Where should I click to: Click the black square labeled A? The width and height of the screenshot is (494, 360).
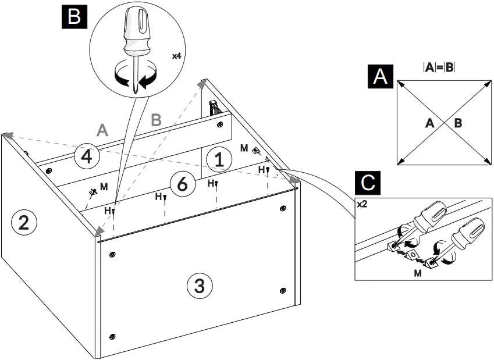click(x=380, y=76)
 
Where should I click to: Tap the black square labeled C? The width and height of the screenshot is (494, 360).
click(x=368, y=183)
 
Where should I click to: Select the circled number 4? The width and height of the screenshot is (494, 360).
click(x=86, y=157)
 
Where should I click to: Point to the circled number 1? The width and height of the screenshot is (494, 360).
click(x=219, y=159)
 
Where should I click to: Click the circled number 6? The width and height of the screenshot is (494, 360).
click(x=182, y=184)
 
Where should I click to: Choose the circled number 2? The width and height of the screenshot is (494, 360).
click(x=24, y=222)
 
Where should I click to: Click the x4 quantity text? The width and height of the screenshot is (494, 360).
click(x=176, y=56)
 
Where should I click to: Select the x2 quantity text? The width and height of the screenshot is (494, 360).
click(x=361, y=204)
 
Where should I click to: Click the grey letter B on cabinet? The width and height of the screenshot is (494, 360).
click(x=156, y=120)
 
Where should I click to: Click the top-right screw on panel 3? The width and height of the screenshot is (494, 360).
click(x=283, y=208)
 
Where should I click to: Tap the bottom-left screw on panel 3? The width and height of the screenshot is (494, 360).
click(x=112, y=336)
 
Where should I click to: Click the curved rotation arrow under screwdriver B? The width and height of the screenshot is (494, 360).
click(x=135, y=76)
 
